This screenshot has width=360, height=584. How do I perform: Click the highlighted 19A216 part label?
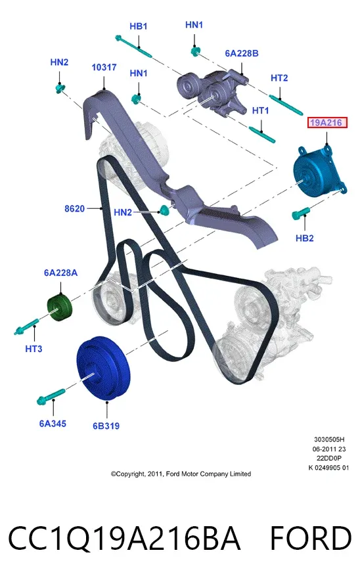pos(327,123)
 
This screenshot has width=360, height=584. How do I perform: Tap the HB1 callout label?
pos(139,26)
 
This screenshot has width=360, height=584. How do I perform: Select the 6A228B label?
pos(242,53)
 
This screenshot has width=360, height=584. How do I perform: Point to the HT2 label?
pos(279,78)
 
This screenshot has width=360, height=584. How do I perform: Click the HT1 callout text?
pos(261,110)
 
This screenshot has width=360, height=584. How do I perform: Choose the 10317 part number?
pos(104,68)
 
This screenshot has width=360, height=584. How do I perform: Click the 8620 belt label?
pos(74,209)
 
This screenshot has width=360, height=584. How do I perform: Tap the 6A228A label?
pos(60,273)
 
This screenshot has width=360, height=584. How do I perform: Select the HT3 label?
pos(34,349)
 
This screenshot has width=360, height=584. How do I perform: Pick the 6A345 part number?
pos(53,424)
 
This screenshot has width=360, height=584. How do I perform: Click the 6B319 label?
pos(106,426)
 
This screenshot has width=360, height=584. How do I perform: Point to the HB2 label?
pos(305,238)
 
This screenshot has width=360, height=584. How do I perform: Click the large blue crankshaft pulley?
pos(104,369)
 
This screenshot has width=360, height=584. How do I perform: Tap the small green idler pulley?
pos(60,307)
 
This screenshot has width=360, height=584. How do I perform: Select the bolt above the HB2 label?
pos(300,213)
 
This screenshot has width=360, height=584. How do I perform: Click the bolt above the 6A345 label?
pos(51,396)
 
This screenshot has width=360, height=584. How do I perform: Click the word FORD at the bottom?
pos(311,539)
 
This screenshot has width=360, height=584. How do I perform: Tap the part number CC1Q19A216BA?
pos(124,539)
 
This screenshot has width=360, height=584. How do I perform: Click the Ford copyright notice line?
pos(181,474)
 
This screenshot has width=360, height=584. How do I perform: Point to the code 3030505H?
pos(329,439)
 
